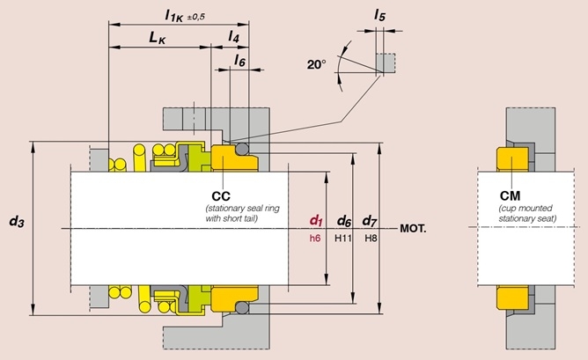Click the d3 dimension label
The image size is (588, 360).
point(17,221)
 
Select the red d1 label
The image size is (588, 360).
point(316,221)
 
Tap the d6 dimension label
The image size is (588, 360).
point(344,221)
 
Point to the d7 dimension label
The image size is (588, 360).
point(370,221)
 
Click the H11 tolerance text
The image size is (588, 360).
point(343,239)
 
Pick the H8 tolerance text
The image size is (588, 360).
point(371,239)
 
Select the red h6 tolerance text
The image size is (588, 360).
point(315,239)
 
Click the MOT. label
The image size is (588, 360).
point(413,228)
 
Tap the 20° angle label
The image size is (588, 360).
point(317,64)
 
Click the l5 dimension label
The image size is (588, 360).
point(379,15)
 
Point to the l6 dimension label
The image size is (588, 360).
point(239,60)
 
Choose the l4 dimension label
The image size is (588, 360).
point(233,37)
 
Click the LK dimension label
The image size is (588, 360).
point(158,38)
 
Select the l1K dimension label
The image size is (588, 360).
point(174,16)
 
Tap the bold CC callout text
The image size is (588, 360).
point(221,196)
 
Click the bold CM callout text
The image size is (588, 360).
point(510,195)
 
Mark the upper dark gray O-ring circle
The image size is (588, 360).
point(242,149)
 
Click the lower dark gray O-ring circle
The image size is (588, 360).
point(242,308)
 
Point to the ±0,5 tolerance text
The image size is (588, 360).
point(195,18)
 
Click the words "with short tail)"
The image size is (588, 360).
point(232,218)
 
